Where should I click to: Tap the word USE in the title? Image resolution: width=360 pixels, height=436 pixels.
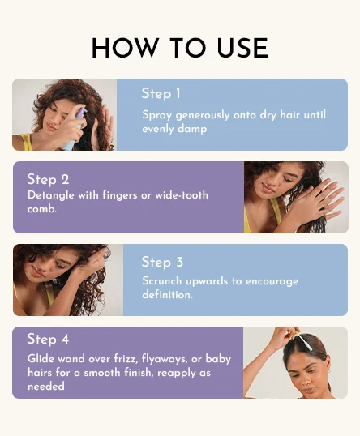[x=242, y=48]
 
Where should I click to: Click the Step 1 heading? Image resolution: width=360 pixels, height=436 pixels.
[x=161, y=94]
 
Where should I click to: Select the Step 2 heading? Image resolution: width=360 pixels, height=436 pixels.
[x=48, y=179]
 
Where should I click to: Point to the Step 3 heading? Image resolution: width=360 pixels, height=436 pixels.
[x=162, y=263]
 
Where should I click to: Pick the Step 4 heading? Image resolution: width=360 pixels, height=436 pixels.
[x=48, y=339]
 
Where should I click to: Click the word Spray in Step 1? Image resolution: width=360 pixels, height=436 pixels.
[x=157, y=115]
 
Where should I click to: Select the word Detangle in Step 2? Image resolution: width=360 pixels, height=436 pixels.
[x=51, y=195]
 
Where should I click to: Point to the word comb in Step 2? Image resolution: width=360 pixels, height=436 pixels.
[x=41, y=209]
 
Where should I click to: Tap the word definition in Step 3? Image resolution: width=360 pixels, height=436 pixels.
[x=166, y=295]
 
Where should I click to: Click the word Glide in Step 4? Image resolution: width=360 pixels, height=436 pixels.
[x=41, y=359]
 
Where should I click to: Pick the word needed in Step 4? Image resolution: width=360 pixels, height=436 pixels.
[x=46, y=386]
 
